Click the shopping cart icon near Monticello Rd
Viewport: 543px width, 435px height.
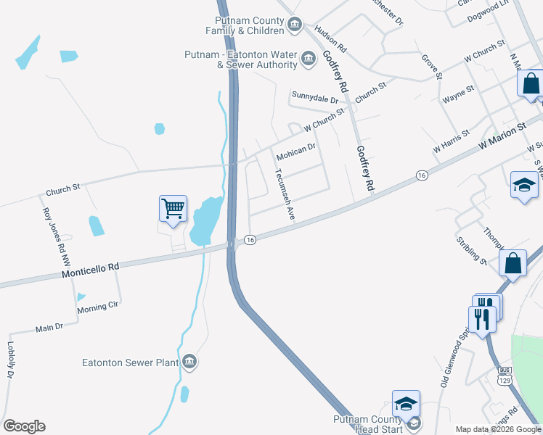173,209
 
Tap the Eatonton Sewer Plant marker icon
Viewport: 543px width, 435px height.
189,361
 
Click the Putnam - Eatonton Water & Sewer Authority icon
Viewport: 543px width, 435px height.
309,57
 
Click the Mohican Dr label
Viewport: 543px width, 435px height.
295,151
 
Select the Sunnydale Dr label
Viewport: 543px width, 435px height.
315,96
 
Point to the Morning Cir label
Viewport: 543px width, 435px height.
98,307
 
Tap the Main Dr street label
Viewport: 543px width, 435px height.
49,328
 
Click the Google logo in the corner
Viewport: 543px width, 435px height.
24,426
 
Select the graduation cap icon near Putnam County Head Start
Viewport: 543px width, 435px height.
407,403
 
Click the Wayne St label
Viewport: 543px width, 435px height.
458,93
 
